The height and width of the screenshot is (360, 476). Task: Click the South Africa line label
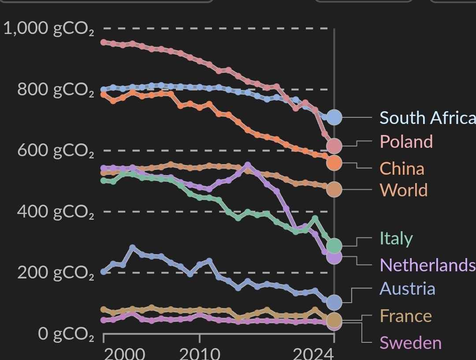[x=427, y=118]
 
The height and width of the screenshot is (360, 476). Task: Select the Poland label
[x=406, y=142]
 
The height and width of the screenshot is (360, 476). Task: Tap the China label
[x=402, y=169]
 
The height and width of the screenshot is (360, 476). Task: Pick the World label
[x=403, y=190]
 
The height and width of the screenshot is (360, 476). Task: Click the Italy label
[x=396, y=238]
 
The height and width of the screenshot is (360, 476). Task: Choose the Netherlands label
[x=427, y=265]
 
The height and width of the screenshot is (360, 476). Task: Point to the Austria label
[x=407, y=289]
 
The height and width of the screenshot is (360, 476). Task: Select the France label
[x=405, y=316]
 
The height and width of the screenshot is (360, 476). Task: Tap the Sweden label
[x=410, y=343]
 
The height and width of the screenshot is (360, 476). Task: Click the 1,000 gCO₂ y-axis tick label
[x=48, y=29]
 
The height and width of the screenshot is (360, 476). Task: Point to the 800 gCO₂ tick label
[x=56, y=90]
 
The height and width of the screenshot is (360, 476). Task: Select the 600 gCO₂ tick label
[x=56, y=150]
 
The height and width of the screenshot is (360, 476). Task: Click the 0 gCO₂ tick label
[x=66, y=334]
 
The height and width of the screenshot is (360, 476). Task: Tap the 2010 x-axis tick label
[x=200, y=353]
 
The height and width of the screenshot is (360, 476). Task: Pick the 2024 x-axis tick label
[x=312, y=353]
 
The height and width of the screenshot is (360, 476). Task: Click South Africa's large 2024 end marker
[x=334, y=117]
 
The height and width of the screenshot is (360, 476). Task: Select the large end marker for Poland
[x=334, y=145]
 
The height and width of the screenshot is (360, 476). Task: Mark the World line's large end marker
[x=334, y=189]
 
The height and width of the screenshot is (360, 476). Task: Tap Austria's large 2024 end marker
[x=334, y=302]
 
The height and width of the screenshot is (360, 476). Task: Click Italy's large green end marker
[x=334, y=245]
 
